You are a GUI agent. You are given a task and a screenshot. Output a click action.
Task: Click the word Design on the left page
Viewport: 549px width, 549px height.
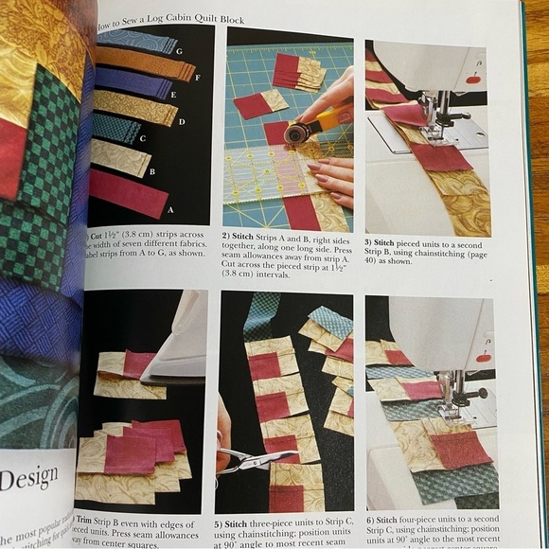[x=28, y=478]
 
